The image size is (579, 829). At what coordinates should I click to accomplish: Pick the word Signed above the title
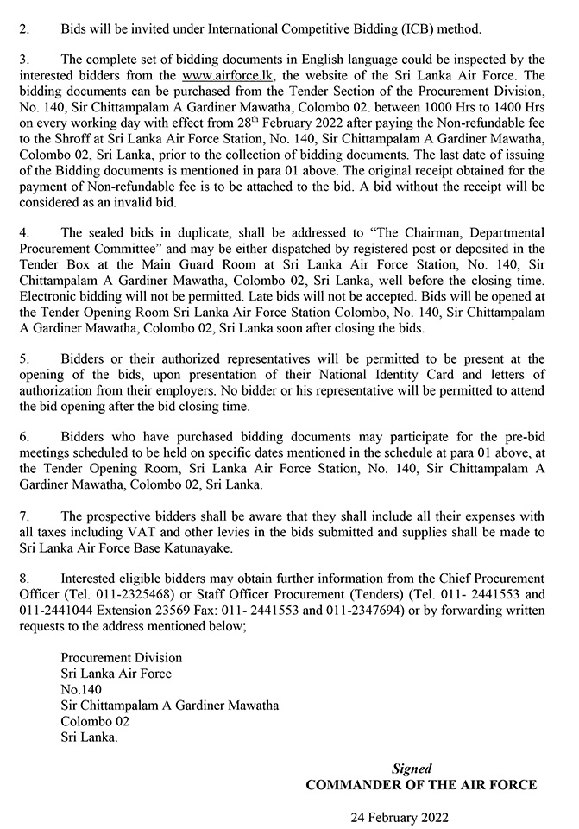[x=412, y=768]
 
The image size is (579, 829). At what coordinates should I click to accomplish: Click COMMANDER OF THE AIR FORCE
[x=421, y=784]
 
